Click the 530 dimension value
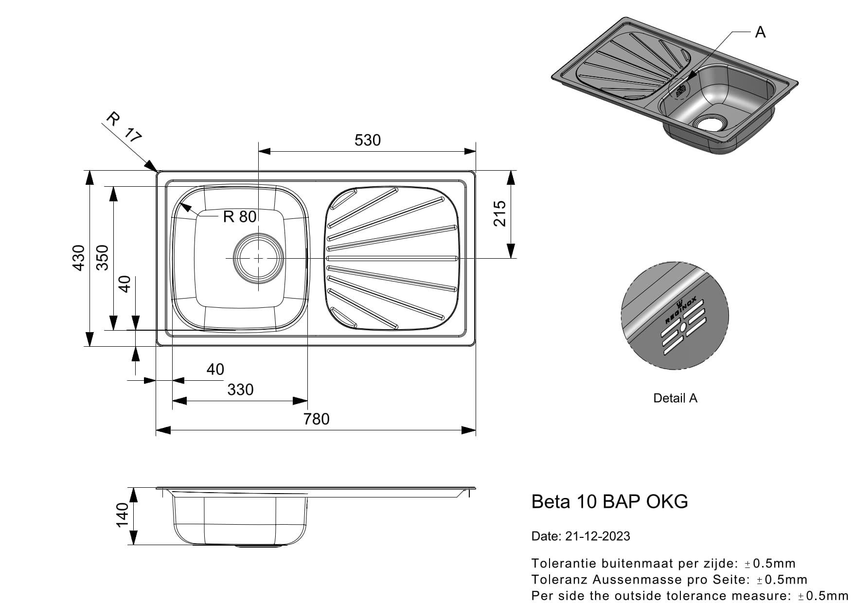coord(367,140)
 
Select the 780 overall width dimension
coord(316,419)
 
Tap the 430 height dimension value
coord(78,258)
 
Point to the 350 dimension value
coord(102,257)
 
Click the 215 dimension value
coord(499,213)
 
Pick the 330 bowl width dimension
coord(240,390)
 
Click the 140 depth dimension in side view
coord(122,514)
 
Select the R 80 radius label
coord(239,217)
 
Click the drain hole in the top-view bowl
coord(258,258)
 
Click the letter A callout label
coord(760,32)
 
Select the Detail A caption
coord(675,398)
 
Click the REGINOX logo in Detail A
coord(681,310)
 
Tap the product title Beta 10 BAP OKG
coord(609,501)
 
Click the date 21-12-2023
coord(597,536)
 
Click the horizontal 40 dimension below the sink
coord(215,369)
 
